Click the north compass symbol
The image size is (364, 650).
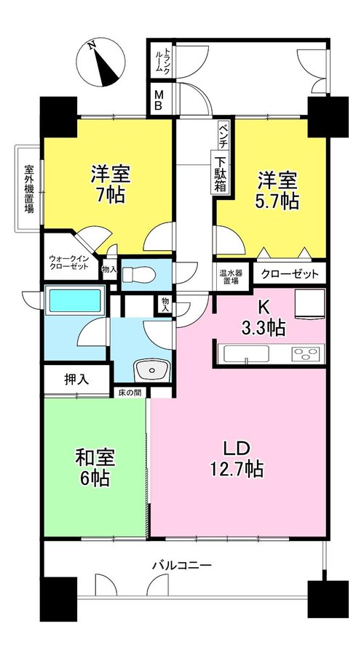coord(101,63)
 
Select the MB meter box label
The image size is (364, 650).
coord(159,100)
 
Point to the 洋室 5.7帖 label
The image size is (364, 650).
coord(278,191)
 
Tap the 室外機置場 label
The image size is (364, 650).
coord(28,188)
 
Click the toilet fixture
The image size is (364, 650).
coord(140,273)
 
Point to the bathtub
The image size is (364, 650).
coord(75,300)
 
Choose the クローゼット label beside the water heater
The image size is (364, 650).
coord(290,274)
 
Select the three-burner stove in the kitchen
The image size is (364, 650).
coord(306,353)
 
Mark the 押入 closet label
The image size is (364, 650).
coord(76,379)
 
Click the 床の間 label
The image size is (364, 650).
coord(130,392)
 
